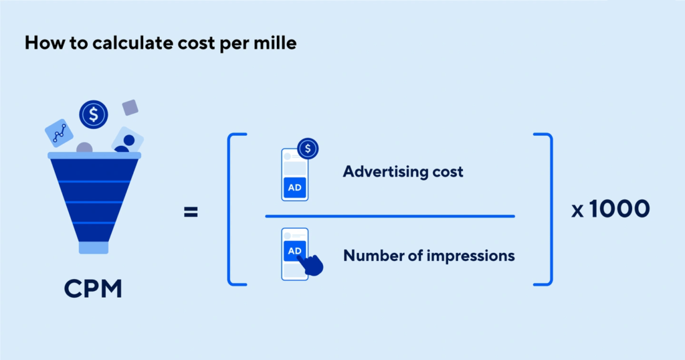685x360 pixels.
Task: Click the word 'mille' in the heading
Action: [x=276, y=43]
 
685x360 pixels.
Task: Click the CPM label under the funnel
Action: [x=93, y=289]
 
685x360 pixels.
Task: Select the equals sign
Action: [x=191, y=212]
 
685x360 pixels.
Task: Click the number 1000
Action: [x=619, y=208]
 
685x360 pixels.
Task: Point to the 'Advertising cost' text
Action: [x=403, y=171]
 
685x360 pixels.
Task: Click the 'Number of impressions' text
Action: [x=429, y=256]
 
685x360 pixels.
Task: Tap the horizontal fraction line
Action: [x=390, y=216]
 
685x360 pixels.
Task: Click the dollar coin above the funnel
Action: [x=94, y=114]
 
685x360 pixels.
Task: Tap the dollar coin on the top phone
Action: [x=308, y=149]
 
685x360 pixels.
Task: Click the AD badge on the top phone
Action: [x=295, y=187]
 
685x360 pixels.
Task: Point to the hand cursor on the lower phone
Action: [x=312, y=264]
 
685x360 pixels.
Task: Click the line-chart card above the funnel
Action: [x=59, y=132]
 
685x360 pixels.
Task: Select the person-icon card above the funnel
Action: [x=128, y=141]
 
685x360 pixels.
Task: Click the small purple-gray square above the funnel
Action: [x=130, y=108]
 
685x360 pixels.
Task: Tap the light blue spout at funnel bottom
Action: [x=94, y=248]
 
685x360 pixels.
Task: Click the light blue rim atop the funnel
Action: [x=94, y=155]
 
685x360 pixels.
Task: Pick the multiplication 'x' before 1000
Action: [x=577, y=211]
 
